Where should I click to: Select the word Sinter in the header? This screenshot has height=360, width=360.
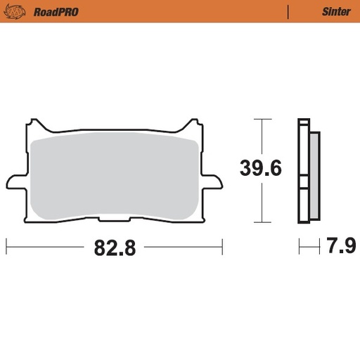[x=336, y=11]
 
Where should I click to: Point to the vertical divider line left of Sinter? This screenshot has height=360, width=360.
[x=288, y=11]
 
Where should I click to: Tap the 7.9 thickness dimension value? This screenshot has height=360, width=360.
[x=340, y=247]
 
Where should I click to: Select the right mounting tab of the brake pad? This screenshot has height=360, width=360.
[x=209, y=181]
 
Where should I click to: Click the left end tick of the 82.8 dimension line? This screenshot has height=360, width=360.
[x=6, y=246]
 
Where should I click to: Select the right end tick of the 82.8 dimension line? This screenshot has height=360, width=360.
[x=222, y=246]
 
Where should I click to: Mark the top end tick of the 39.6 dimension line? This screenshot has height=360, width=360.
[x=262, y=120]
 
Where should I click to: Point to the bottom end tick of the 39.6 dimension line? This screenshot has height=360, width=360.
[x=262, y=222]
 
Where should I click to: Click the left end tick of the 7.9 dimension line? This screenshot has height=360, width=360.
[x=300, y=246]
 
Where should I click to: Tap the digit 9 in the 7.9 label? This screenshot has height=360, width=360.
[x=349, y=247]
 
